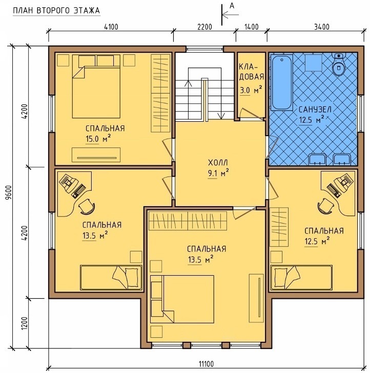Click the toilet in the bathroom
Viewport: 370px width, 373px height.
(338, 64)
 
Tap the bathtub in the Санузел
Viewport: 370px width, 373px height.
(282, 82)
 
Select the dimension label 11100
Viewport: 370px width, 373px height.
(207, 364)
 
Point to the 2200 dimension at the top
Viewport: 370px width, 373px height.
(204, 27)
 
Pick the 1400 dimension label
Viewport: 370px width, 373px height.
(251, 27)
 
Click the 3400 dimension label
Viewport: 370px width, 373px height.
(322, 27)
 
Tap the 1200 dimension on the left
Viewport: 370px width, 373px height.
(25, 323)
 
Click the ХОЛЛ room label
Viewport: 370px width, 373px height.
(218, 163)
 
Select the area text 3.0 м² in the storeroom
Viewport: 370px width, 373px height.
(251, 90)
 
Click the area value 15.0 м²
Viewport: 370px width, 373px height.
(98, 139)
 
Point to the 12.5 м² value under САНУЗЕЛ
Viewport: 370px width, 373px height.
(312, 120)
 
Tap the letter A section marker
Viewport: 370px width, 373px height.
(232, 6)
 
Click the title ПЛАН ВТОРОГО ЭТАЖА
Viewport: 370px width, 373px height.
(56, 11)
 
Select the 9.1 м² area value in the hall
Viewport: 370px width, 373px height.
(218, 173)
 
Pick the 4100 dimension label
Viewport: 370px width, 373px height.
(111, 27)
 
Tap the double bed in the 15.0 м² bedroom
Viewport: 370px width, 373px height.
(96, 86)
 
